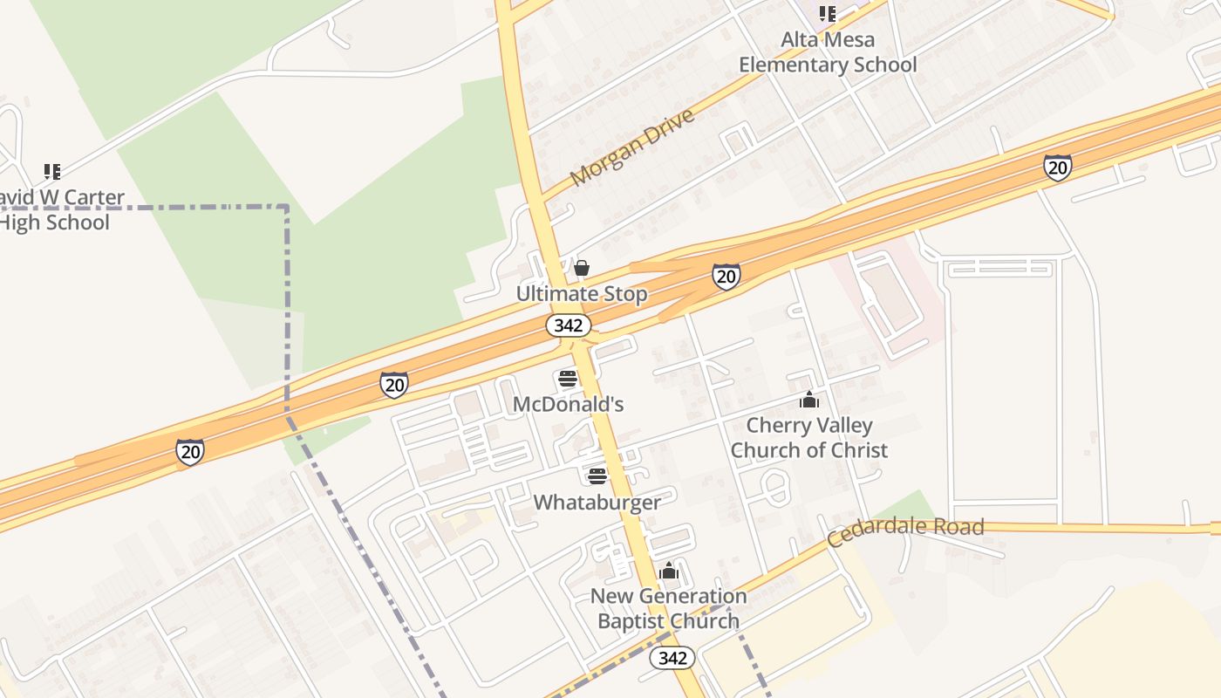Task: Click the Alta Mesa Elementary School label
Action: coord(828,52)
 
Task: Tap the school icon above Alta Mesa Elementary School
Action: coord(828,14)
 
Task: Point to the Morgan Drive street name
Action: coord(633,147)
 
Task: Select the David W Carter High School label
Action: coord(58,209)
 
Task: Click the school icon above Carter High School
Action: coord(52,171)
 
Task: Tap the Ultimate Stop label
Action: coord(582,294)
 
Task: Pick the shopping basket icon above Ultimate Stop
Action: coord(582,268)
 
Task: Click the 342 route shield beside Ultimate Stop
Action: coord(569,325)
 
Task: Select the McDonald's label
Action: coord(568,405)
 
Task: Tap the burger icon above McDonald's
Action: coord(568,380)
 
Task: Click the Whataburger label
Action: coord(597,503)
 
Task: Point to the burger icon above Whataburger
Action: coord(597,476)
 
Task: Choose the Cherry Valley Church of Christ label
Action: coord(809,438)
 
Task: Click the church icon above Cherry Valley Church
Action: coord(809,400)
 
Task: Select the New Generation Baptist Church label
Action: coord(669,608)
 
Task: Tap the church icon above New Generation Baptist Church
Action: coord(669,571)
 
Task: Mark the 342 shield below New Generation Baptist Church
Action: coord(672,658)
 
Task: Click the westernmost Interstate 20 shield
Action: coord(190,451)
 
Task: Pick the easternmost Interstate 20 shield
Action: coord(1057,167)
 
